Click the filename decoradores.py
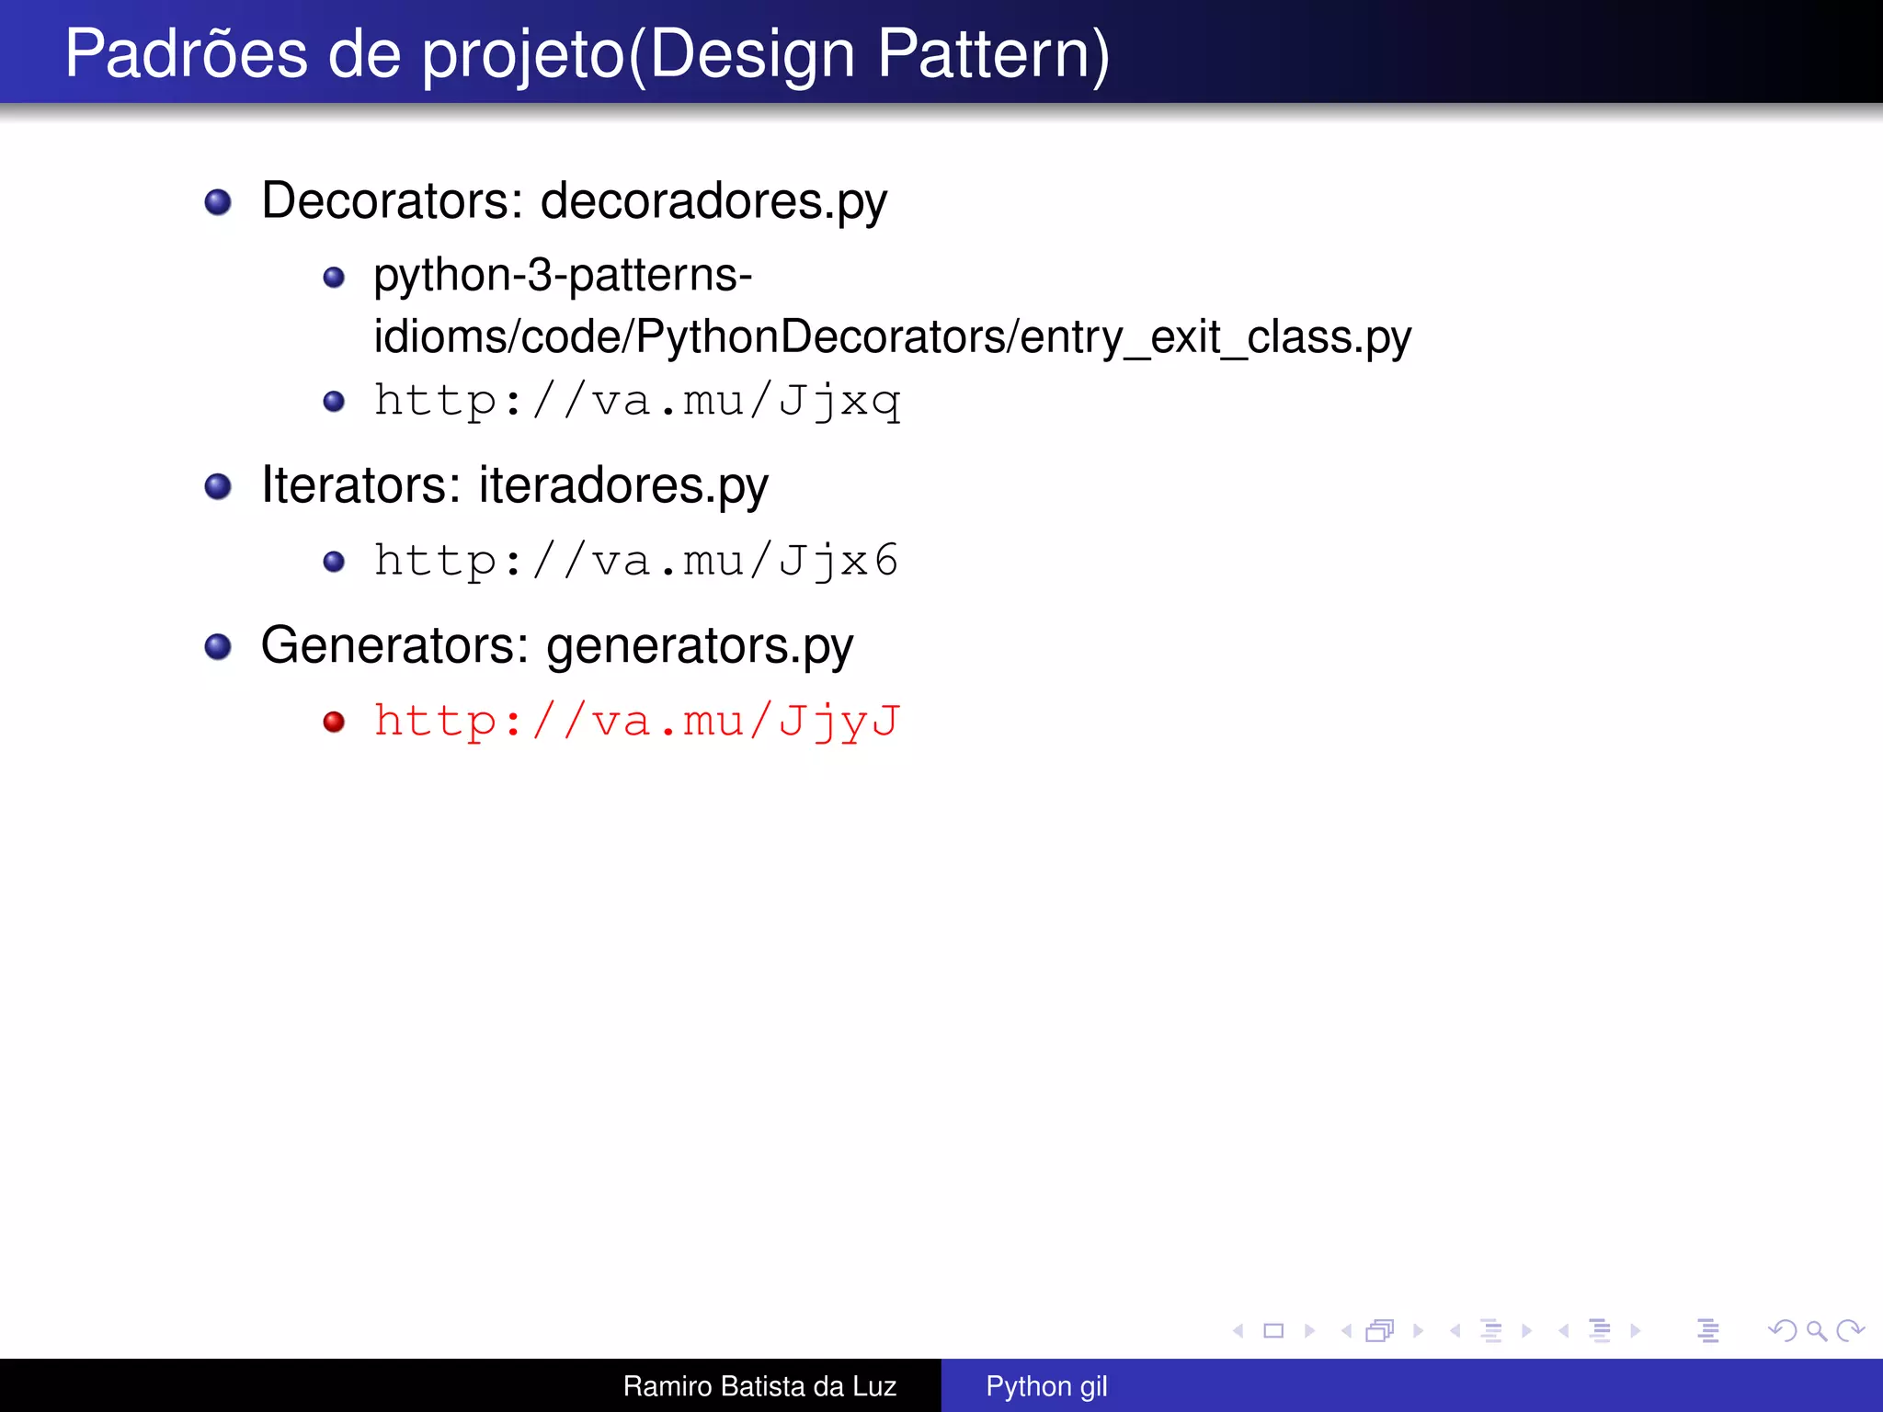(x=713, y=202)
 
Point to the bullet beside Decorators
(x=218, y=202)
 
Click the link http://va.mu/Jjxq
(x=636, y=401)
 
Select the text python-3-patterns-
(x=563, y=275)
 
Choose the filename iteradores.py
(x=623, y=485)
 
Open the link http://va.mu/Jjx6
(x=636, y=561)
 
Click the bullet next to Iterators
(x=218, y=486)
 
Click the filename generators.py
(x=700, y=646)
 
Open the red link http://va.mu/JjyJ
(x=636, y=721)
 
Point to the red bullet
(x=334, y=722)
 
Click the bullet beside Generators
(x=218, y=646)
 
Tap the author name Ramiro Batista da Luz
(x=759, y=1386)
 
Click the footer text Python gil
(x=1046, y=1386)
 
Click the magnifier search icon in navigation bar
(x=1816, y=1330)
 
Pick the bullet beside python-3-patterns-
(x=334, y=277)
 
